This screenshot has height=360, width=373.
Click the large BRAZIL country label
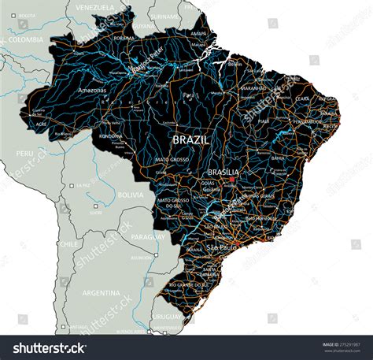190,139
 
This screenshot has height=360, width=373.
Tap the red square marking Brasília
232,179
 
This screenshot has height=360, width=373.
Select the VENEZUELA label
94,7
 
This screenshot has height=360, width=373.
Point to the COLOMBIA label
26,39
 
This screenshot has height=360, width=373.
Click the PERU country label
25,153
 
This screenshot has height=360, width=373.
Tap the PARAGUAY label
148,236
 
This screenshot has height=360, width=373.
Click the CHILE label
68,244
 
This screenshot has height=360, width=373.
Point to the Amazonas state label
91,91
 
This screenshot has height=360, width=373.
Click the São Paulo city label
221,247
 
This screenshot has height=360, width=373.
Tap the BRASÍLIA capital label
223,171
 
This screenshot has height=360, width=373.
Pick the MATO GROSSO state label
172,160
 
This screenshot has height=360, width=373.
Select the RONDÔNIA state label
109,135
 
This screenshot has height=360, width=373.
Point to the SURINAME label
165,16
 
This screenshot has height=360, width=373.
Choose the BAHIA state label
278,158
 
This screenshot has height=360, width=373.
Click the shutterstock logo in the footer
46,348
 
